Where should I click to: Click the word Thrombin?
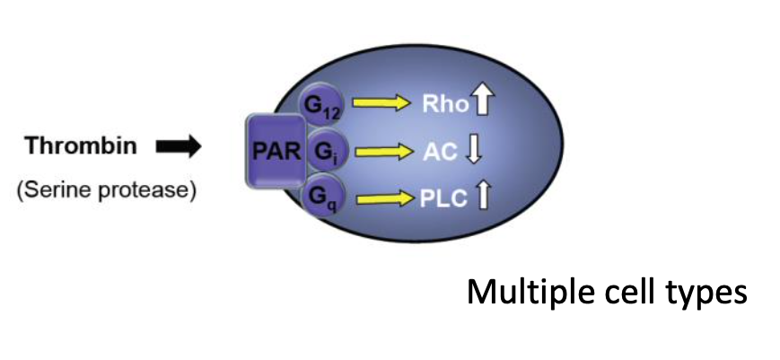click(x=83, y=147)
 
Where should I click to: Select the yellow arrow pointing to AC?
click(x=382, y=152)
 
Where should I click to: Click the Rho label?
click(x=445, y=103)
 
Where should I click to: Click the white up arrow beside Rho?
click(x=484, y=101)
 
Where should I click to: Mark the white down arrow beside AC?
click(x=476, y=151)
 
